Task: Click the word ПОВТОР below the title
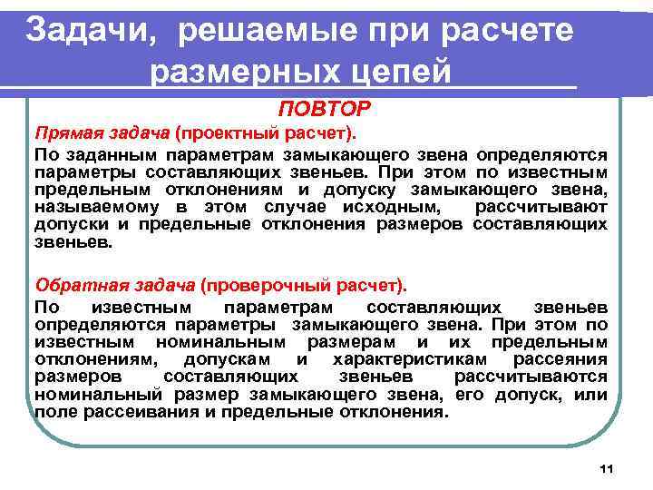tap(325, 110)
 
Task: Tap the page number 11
tap(607, 468)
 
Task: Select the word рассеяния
tap(564, 360)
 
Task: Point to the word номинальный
tap(97, 394)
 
